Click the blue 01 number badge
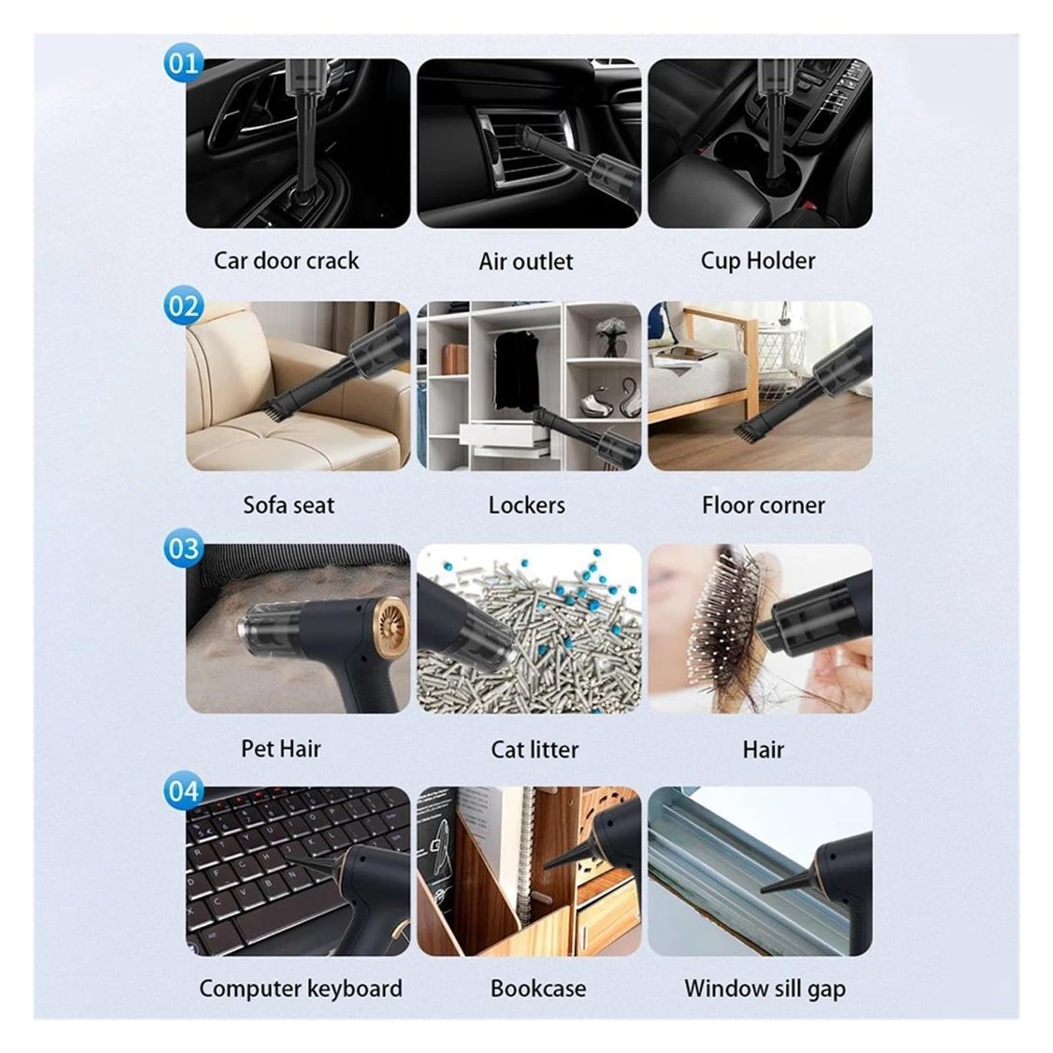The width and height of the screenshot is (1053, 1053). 182,63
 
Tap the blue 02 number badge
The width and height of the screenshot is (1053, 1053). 182,306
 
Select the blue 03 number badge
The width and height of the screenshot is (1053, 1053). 182,548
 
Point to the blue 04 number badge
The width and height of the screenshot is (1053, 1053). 182,791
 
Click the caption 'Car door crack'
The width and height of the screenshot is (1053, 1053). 286,261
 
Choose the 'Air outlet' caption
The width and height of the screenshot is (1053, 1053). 526,262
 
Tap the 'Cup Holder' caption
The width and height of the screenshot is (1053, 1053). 758,261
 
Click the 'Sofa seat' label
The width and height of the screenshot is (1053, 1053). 289,505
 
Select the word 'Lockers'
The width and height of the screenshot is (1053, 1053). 527,505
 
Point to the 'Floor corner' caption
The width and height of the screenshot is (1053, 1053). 763,505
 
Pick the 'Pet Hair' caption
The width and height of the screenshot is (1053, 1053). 281,748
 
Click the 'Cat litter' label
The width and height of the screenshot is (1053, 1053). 535,749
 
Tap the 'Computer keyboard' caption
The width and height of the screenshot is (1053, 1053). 300,989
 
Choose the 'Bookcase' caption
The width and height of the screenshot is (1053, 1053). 538,989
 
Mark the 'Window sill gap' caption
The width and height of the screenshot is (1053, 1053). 764,989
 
